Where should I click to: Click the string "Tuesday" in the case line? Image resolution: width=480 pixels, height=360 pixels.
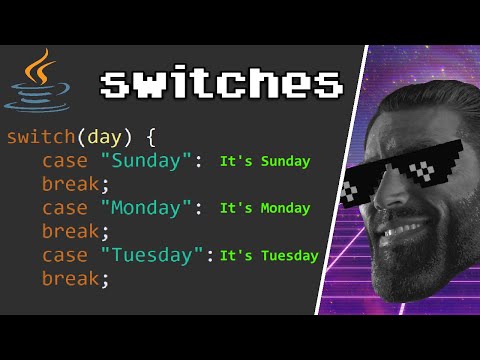pos(143,255)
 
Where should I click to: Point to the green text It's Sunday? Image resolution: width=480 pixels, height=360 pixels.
pos(264,161)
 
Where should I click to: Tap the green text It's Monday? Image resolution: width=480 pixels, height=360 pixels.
pos(264,208)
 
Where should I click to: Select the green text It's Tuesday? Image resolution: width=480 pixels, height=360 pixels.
pos(268,255)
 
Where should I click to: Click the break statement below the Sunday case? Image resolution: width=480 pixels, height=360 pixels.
pos(75,184)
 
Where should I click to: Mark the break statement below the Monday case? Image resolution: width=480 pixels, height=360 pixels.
pos(75,231)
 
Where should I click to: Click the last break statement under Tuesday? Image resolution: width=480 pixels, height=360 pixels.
pos(75,279)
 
